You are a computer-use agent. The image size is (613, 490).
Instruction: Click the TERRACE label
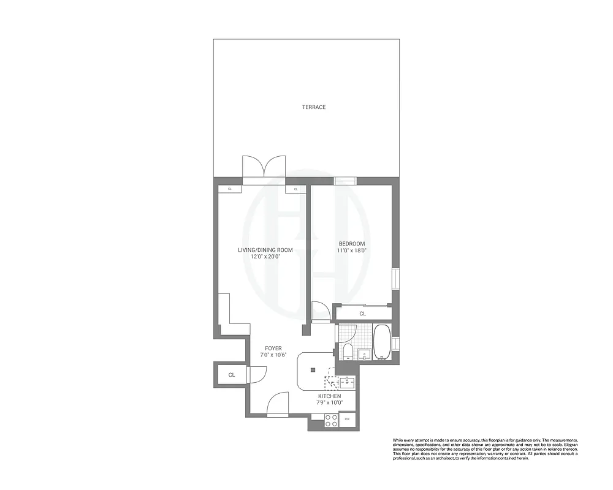[x=313, y=107]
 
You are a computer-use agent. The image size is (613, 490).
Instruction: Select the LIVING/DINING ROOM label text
[x=265, y=250]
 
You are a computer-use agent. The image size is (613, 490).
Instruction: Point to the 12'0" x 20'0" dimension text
[x=265, y=257]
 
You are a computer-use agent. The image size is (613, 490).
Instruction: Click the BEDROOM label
[x=352, y=243]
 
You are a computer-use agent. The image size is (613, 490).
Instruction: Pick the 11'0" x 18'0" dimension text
[x=352, y=251]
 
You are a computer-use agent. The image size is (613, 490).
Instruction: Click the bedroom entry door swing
[x=320, y=311]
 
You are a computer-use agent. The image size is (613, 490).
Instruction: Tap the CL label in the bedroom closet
[x=362, y=314]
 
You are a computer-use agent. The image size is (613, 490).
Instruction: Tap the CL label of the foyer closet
[x=232, y=374]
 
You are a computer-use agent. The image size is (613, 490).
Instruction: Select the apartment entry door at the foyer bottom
[x=278, y=404]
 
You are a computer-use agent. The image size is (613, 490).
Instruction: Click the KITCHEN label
[x=330, y=396]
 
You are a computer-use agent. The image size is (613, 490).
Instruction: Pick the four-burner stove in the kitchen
[x=331, y=420]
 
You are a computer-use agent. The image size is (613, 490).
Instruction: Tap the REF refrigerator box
[x=347, y=419]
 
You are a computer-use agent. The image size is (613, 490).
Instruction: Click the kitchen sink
[x=346, y=383]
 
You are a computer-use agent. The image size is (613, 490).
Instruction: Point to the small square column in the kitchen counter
[x=313, y=369]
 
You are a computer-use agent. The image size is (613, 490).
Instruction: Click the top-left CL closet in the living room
[x=230, y=189]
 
